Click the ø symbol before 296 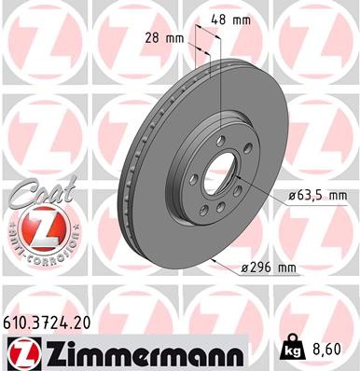coord(243,268)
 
